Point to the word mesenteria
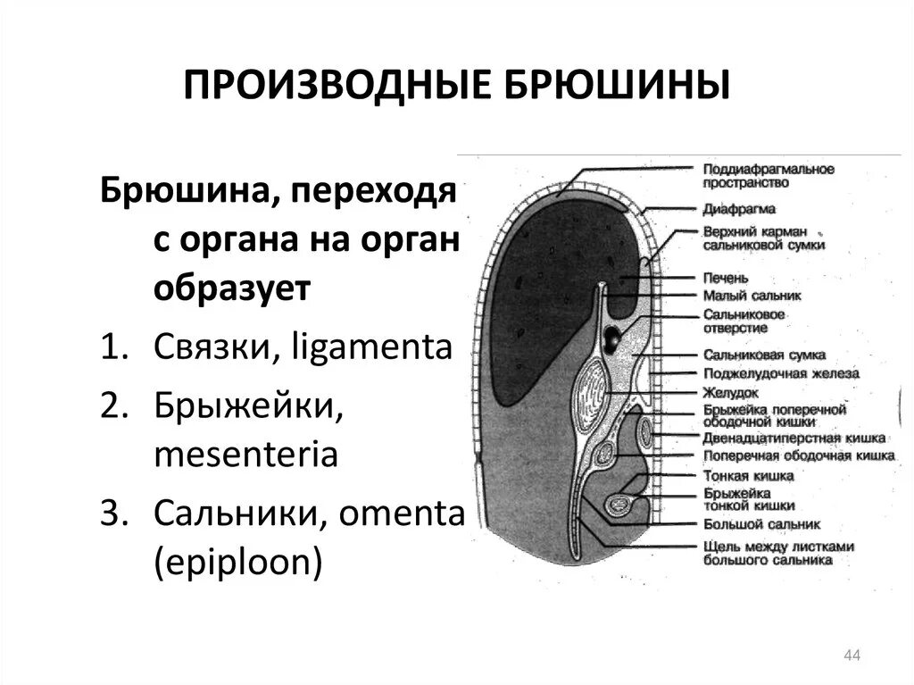click(x=245, y=455)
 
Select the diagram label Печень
click(x=725, y=278)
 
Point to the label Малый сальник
click(x=751, y=295)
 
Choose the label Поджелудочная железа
click(x=780, y=373)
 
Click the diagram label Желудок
click(x=730, y=391)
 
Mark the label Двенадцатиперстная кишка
click(x=794, y=439)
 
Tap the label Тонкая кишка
click(x=748, y=476)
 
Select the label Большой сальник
click(x=760, y=524)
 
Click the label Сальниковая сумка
click(x=763, y=355)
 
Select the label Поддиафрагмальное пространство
click(x=768, y=175)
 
